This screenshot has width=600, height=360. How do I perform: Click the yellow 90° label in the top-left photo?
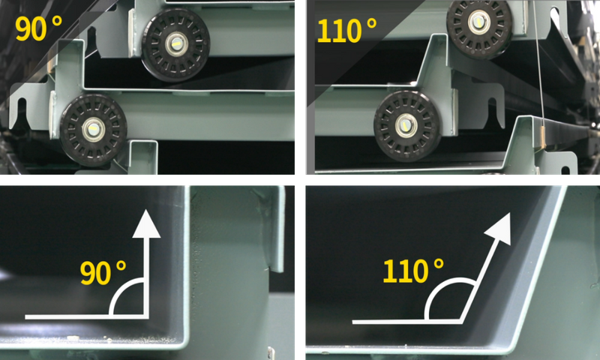click(x=39, y=28)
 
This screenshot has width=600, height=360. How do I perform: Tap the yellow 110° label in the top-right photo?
click(x=346, y=30)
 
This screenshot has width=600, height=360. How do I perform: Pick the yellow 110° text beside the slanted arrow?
click(x=413, y=271)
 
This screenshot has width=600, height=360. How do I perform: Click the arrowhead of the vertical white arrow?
click(x=146, y=224)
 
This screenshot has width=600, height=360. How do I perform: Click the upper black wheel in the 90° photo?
click(x=175, y=44)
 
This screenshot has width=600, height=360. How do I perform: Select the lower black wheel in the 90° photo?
click(x=93, y=130)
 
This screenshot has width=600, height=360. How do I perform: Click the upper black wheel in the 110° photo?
click(x=479, y=27)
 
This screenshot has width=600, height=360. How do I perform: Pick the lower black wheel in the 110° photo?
click(x=406, y=126)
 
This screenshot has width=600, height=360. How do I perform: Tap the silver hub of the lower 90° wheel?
click(x=92, y=130)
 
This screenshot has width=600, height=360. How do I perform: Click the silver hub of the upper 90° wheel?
click(x=176, y=44)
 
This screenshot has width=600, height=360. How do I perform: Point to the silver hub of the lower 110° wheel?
click(x=406, y=126)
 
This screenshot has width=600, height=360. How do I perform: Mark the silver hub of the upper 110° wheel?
click(x=478, y=22)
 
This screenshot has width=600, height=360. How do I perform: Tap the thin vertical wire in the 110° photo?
click(x=538, y=64)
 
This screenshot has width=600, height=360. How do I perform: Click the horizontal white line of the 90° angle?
click(x=86, y=316)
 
